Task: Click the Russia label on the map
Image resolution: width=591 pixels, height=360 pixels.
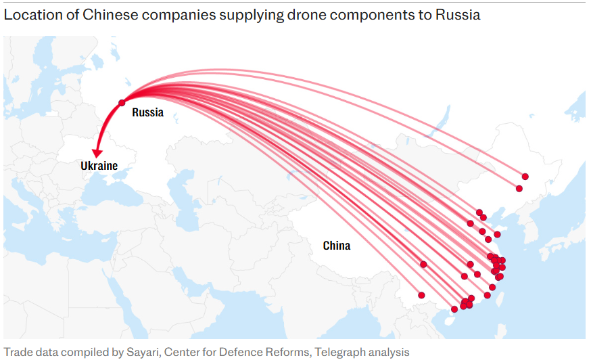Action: (147, 112)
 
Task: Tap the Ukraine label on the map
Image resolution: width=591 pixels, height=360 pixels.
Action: (99, 166)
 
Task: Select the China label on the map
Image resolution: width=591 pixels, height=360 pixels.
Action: (336, 246)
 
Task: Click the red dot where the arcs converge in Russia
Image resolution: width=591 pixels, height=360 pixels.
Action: (122, 103)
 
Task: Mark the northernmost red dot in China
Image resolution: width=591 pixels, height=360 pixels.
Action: (525, 177)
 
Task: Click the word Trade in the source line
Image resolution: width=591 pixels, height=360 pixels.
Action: (17, 352)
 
